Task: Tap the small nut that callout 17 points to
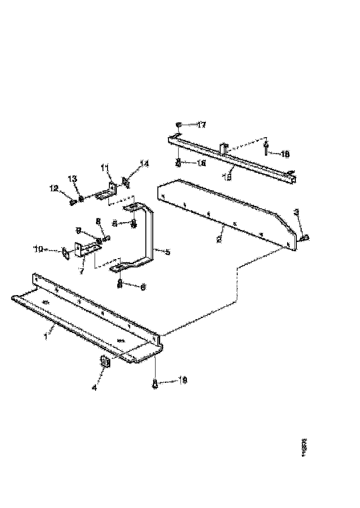(x=179, y=125)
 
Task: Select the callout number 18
(x=284, y=154)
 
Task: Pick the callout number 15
(x=227, y=177)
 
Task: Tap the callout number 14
(x=145, y=163)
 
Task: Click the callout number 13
(x=72, y=179)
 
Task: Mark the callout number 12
(x=54, y=188)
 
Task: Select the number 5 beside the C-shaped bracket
(x=168, y=252)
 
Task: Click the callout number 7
(x=82, y=271)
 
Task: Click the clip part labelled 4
(x=105, y=363)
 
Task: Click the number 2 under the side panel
(x=220, y=239)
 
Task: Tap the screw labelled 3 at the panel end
(x=305, y=237)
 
